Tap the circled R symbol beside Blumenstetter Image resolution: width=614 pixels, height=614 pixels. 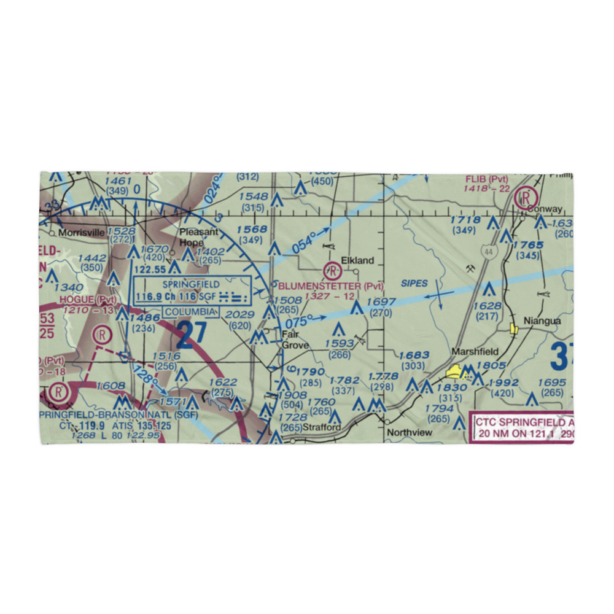[332, 270]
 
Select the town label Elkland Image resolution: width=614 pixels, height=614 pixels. [357, 260]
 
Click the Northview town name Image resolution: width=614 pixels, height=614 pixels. [409, 432]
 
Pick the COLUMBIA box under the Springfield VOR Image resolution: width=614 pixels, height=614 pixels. [191, 312]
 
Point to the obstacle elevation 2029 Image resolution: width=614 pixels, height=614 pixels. [238, 315]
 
